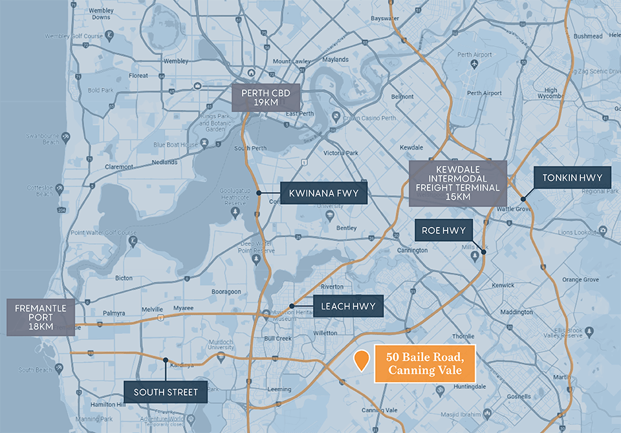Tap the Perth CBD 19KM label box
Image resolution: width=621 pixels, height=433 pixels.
(x=266, y=98)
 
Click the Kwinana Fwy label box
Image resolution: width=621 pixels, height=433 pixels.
(x=323, y=193)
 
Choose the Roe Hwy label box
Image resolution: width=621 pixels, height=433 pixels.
(x=444, y=231)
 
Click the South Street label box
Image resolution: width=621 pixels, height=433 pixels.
(x=166, y=392)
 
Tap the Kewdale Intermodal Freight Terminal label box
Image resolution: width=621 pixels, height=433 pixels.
(x=458, y=183)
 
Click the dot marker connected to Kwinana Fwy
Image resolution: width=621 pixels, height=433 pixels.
(x=259, y=193)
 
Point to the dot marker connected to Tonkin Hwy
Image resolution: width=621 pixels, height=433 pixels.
(x=523, y=199)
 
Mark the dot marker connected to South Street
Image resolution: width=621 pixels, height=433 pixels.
(x=166, y=360)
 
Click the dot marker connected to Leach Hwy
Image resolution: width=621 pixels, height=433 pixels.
(x=292, y=306)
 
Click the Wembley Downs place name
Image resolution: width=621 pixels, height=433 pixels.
(x=101, y=14)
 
